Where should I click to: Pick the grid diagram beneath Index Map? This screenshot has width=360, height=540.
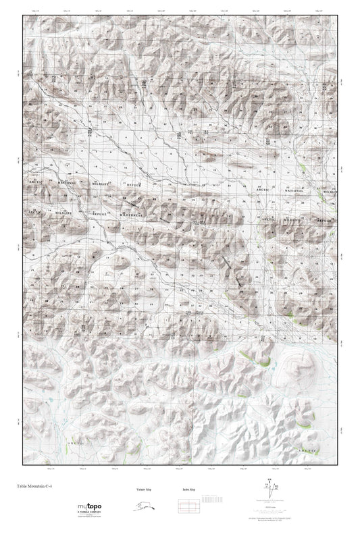click(x=188, y=504)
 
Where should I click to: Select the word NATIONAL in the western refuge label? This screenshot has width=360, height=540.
click(x=66, y=182)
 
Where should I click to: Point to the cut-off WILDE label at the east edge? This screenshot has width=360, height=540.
click(x=329, y=192)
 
